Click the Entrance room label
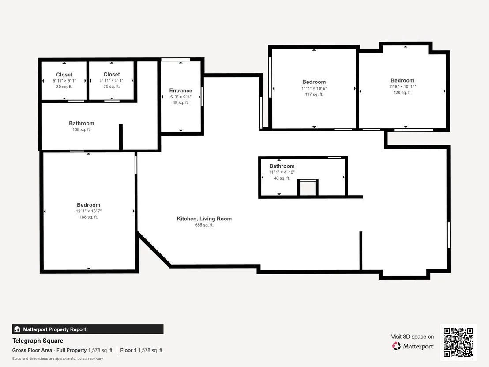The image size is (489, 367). coord(181,91)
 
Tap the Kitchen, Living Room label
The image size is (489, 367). coord(204,219)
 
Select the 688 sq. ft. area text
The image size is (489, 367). coord(204,225)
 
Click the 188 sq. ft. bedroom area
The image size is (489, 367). coord(89,217)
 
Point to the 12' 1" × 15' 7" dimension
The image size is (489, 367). coord(89,211)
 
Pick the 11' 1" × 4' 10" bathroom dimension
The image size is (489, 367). coord(282,172)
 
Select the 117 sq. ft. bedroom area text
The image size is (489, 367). coord(314,94)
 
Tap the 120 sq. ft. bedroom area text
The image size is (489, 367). coord(402,93)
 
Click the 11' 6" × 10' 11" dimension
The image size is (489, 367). coord(402,87)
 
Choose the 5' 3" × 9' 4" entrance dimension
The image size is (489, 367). coord(181,97)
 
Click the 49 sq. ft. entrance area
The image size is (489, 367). coord(181,102)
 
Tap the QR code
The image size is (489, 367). coord(458,342)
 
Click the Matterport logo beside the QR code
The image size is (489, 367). coord(413,346)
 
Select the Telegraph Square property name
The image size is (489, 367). coord(38,341)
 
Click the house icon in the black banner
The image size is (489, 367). coord(17,329)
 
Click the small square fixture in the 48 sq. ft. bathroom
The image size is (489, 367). coord(308,188)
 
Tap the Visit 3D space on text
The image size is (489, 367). coord(412,337)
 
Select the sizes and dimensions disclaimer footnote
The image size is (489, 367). coord(58,359)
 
